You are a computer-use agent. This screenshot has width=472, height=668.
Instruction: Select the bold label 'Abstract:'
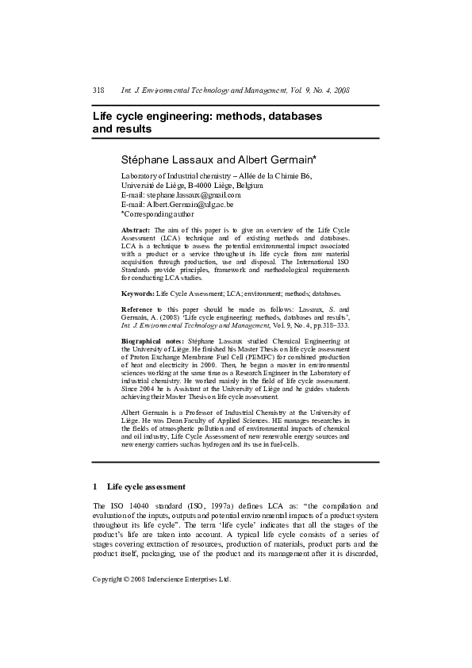coord(136,228)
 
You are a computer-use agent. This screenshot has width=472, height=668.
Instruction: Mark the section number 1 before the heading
coord(95,486)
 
